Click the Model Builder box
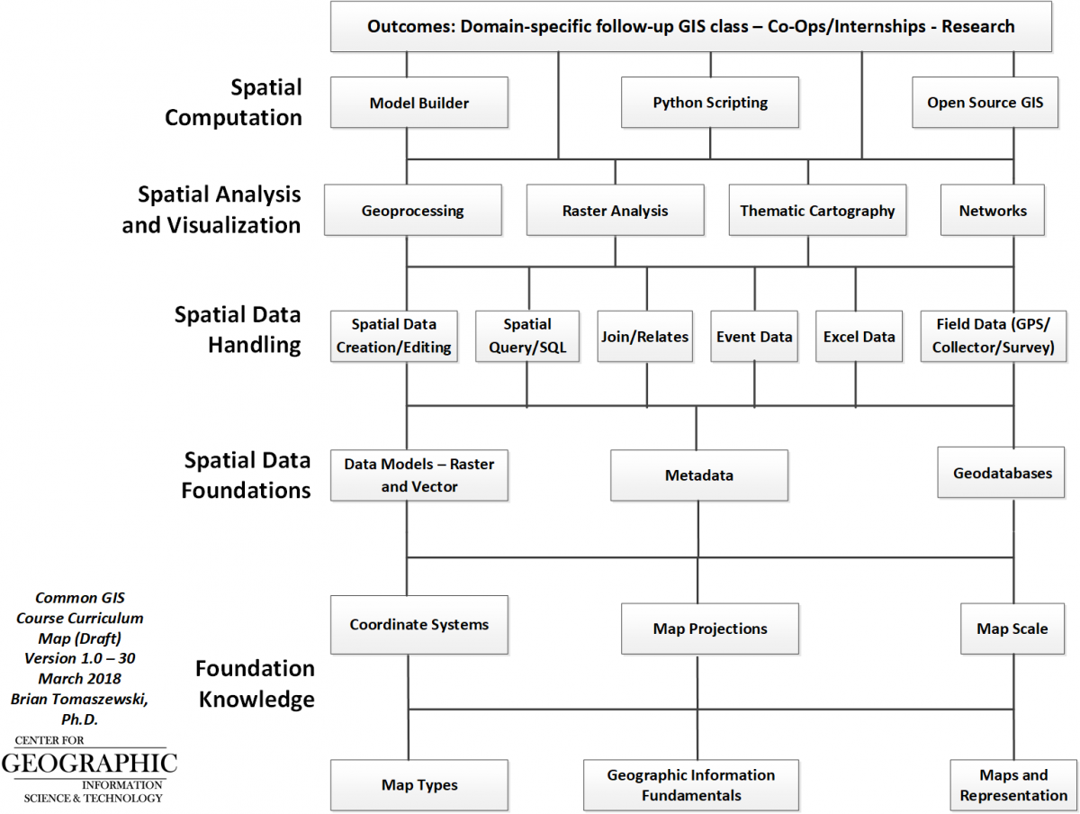tap(419, 102)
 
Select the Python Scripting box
tap(710, 102)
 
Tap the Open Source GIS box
tap(985, 102)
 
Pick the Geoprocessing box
tap(413, 211)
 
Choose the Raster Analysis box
tap(615, 211)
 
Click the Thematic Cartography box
tap(817, 211)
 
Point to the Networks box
tap(993, 211)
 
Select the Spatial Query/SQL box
tap(527, 337)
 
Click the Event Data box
tap(754, 337)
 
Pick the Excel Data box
tap(859, 337)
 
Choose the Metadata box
tap(699, 475)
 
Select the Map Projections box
tap(710, 629)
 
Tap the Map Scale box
tap(1012, 629)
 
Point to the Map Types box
tap(419, 785)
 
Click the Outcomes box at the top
tap(691, 26)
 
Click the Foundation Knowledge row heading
tap(256, 683)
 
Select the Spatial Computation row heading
tap(234, 103)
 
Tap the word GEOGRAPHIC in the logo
tap(89, 764)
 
